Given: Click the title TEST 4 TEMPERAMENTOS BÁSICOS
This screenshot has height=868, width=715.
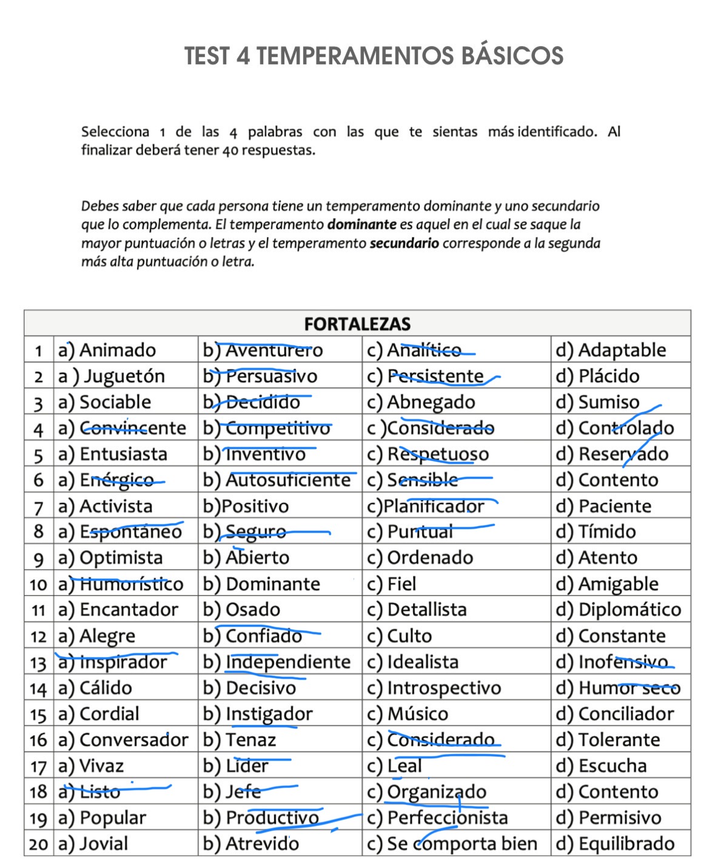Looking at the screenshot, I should (374, 56).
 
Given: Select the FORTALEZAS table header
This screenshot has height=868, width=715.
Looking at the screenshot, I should (357, 324).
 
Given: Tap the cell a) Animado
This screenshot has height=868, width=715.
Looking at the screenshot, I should (107, 350).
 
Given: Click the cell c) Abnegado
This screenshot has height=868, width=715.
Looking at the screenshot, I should (422, 402).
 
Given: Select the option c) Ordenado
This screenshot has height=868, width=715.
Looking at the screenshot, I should (420, 558).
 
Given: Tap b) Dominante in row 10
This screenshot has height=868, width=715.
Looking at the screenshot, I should (262, 584).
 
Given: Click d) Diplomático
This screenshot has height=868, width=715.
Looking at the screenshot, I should (619, 610).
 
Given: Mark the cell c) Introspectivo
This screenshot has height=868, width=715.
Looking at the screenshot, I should (435, 688).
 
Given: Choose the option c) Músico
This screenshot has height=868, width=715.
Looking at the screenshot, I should (408, 714).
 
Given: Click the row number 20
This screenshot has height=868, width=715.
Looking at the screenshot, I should (38, 844).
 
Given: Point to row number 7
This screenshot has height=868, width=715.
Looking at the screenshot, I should (39, 507).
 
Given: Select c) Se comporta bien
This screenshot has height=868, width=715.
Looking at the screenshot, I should (452, 844).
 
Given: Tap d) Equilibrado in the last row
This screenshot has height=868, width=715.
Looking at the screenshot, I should (616, 844).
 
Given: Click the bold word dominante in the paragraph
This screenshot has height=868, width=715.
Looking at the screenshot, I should (361, 225).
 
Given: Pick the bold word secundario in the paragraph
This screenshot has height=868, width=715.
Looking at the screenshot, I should (404, 244).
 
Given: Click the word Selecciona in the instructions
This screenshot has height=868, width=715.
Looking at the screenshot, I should (115, 132).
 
